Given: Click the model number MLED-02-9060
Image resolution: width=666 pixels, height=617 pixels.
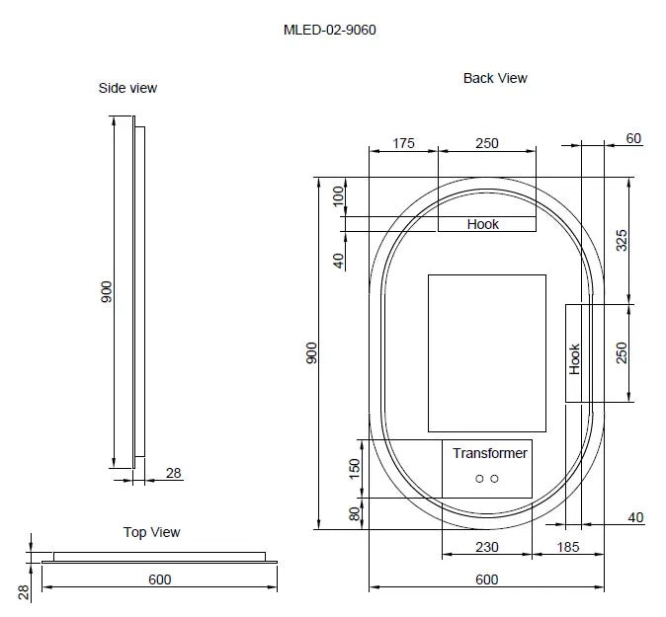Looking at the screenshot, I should pyautogui.click(x=329, y=30).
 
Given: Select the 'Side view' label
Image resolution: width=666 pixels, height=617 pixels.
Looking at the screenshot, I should pyautogui.click(x=127, y=88).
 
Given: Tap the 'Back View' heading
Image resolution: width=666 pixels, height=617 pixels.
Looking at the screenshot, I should pyautogui.click(x=495, y=78).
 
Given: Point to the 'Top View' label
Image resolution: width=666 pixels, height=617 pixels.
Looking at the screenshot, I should pyautogui.click(x=151, y=532).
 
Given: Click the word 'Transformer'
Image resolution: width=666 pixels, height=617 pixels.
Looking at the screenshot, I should pyautogui.click(x=490, y=453).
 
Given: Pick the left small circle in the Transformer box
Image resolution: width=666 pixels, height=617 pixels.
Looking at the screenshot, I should pyautogui.click(x=479, y=479).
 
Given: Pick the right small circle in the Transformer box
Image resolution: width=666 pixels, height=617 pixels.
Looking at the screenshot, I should pyautogui.click(x=494, y=479).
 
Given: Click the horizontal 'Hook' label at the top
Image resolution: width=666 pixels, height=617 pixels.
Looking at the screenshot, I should pyautogui.click(x=483, y=224).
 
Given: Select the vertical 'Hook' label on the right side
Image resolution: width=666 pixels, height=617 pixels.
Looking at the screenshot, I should pyautogui.click(x=575, y=358).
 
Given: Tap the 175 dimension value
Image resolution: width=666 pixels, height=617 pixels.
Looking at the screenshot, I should pyautogui.click(x=403, y=143).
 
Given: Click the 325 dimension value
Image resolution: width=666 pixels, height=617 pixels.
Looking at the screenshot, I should pyautogui.click(x=622, y=240).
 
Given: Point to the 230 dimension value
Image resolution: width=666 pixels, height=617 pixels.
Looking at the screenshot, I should pyautogui.click(x=486, y=547).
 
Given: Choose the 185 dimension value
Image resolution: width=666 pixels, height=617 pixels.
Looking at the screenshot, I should pyautogui.click(x=567, y=547).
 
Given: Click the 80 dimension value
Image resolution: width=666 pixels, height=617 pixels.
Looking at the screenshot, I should pyautogui.click(x=355, y=513).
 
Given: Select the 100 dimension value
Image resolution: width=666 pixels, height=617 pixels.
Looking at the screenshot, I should pyautogui.click(x=338, y=194).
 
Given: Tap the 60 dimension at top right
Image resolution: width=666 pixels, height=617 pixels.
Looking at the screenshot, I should pyautogui.click(x=633, y=138).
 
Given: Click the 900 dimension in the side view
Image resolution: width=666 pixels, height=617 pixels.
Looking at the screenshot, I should pyautogui.click(x=108, y=290).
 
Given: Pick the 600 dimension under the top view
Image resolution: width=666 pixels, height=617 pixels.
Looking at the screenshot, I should pyautogui.click(x=159, y=578).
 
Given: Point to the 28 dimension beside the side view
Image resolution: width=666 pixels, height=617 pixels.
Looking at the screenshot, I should pyautogui.click(x=173, y=474).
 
